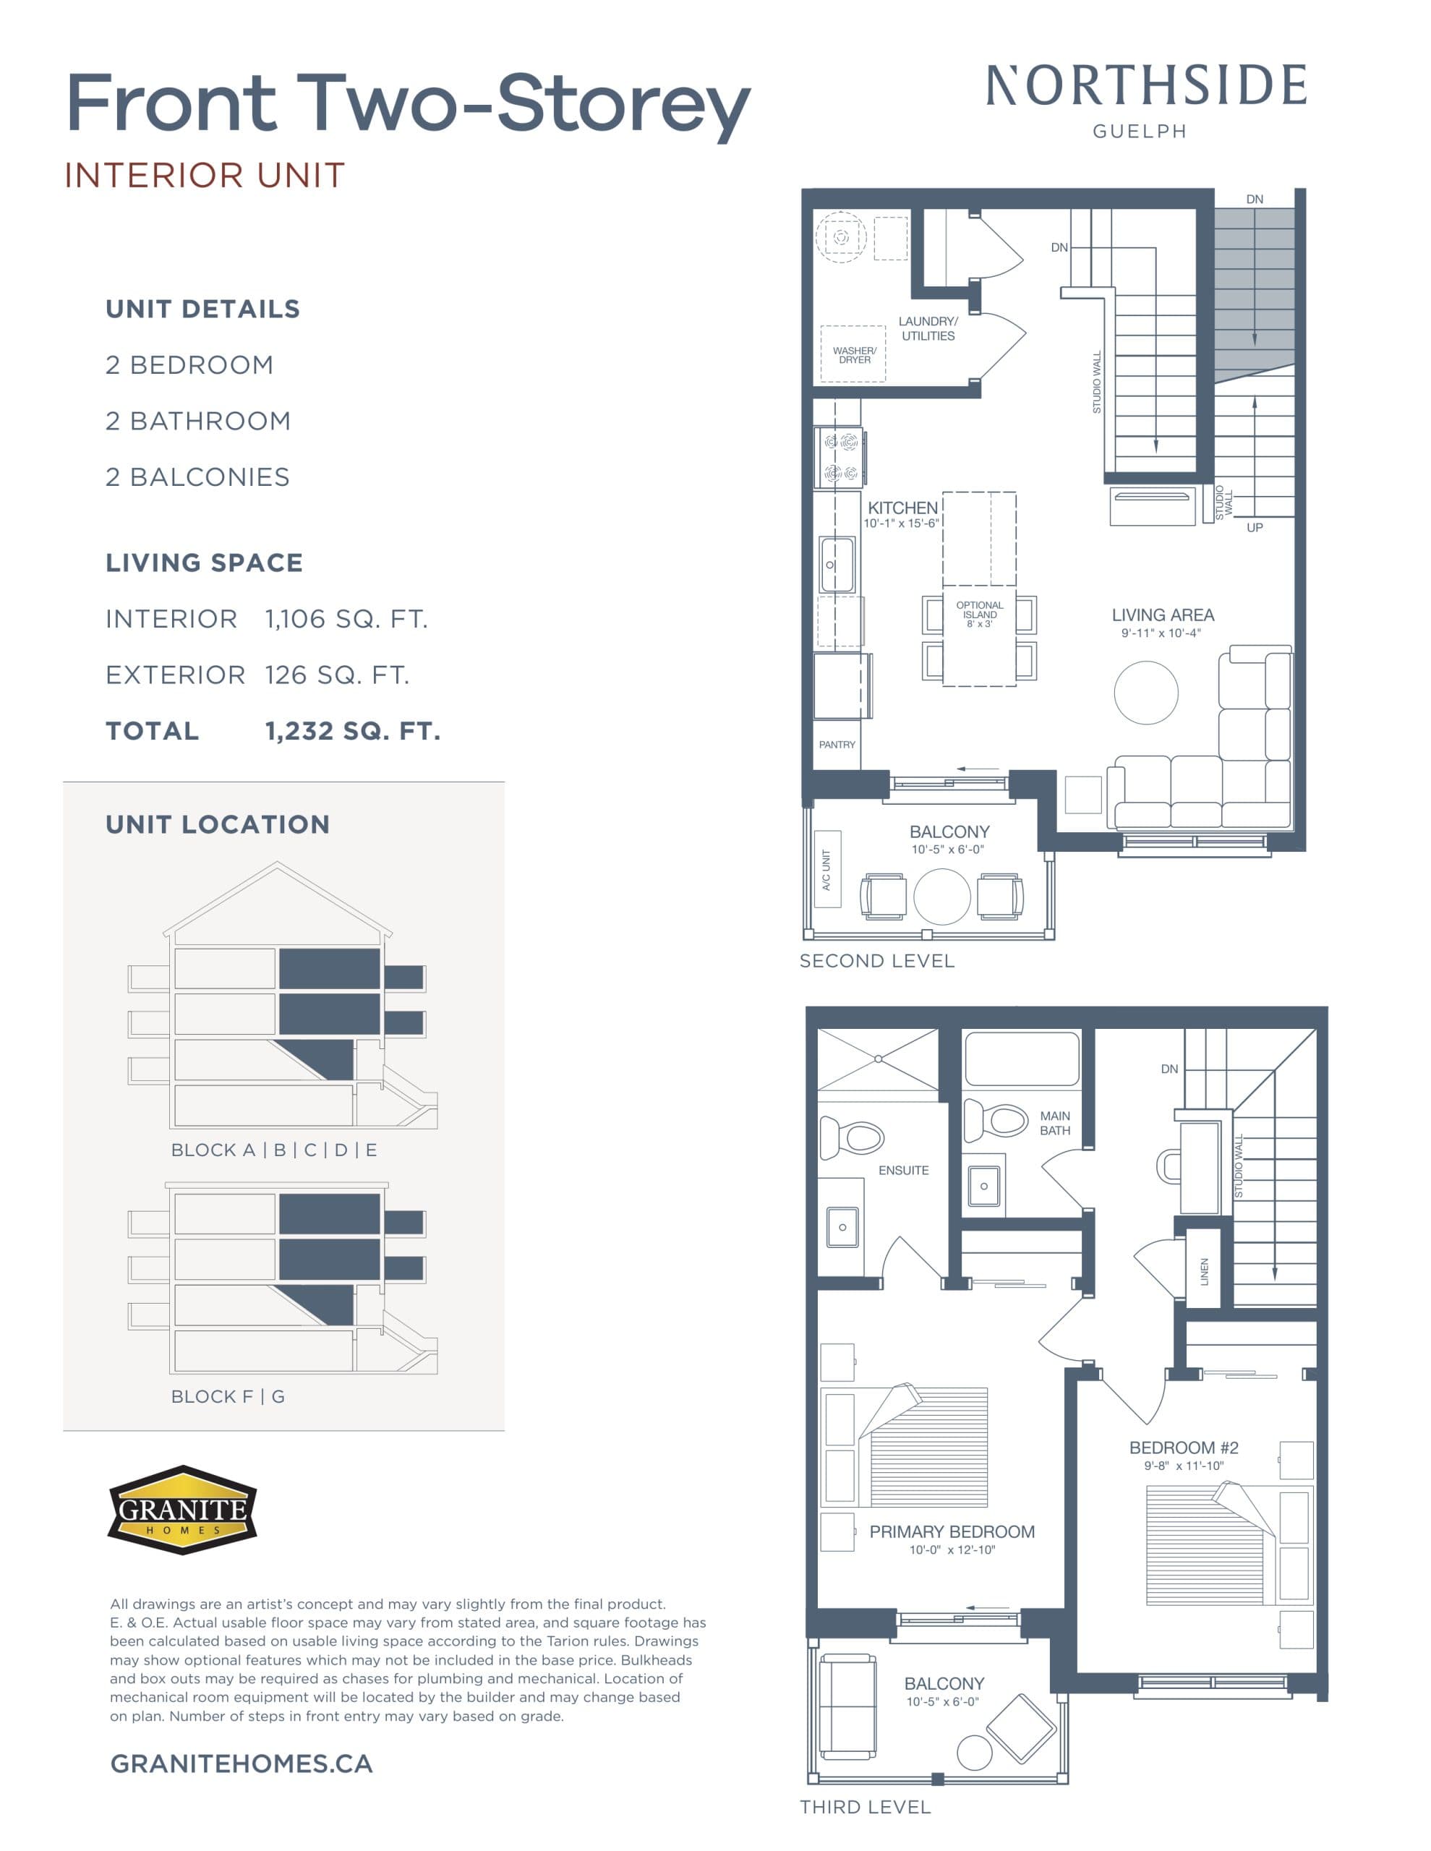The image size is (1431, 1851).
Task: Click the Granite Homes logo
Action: point(182,1510)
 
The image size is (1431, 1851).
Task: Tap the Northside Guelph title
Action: point(1145,98)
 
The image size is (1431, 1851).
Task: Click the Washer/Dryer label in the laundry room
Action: point(855,355)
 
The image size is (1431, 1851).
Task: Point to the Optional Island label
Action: point(979,615)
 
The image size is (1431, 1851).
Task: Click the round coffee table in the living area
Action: point(1145,693)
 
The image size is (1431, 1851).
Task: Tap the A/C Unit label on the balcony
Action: point(826,870)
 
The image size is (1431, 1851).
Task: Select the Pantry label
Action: point(837,744)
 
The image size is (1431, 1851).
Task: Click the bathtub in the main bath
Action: point(1022,1059)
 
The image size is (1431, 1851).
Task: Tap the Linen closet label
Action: point(1204,1271)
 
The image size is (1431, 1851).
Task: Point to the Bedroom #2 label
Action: point(1184,1448)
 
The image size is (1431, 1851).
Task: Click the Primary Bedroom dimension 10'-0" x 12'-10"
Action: point(951,1550)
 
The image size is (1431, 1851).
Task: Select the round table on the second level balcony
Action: point(942,897)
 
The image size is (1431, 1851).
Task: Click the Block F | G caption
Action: point(228,1396)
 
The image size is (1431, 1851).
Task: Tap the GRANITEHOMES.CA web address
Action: point(242,1764)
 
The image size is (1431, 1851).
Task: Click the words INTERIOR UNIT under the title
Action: point(205,176)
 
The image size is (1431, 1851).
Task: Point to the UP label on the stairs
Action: point(1255,527)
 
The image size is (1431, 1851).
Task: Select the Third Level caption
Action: point(865,1807)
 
